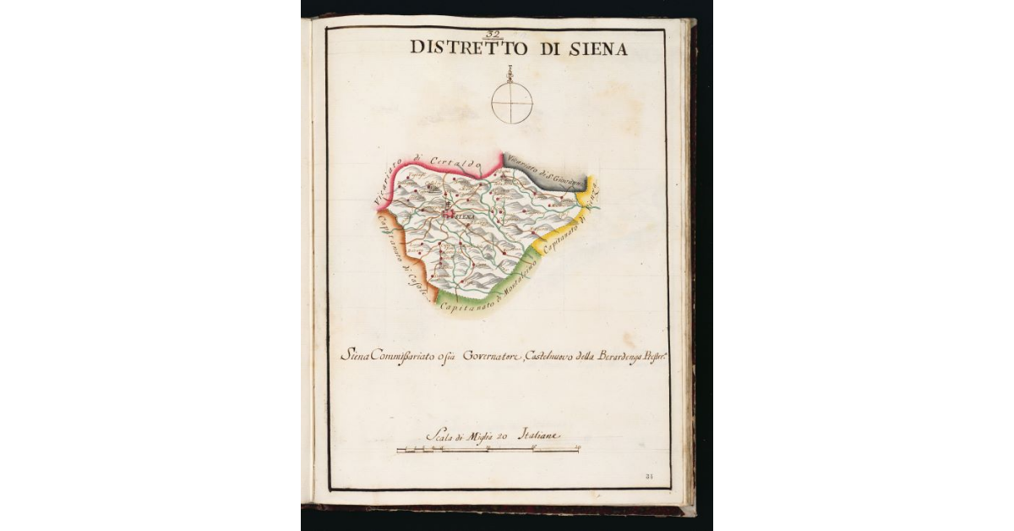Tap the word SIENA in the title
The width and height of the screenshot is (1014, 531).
(x=597, y=49)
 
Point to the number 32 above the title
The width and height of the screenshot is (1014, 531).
(x=493, y=34)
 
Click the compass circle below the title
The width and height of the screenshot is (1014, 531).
(x=512, y=103)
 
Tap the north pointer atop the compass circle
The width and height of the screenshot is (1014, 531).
(x=511, y=74)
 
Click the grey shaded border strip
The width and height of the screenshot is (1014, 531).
(x=541, y=172)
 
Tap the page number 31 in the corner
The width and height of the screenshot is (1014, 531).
(x=649, y=477)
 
